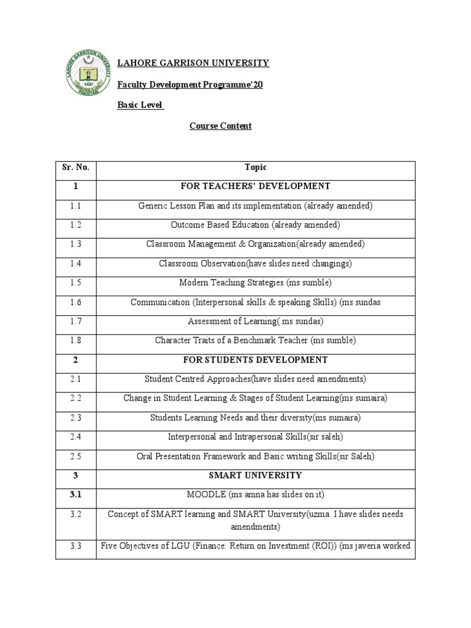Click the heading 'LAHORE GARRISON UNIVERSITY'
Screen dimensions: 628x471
[193, 63]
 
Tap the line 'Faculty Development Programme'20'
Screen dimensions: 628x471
[190, 85]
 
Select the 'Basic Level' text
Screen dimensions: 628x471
[140, 105]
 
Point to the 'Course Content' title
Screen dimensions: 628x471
[220, 126]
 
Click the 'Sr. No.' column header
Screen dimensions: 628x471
[75, 167]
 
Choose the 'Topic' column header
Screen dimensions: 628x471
[255, 167]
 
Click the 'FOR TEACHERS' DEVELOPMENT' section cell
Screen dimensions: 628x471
[255, 186]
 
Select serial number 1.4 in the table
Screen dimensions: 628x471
[75, 263]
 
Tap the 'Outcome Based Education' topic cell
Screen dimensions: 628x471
[255, 224]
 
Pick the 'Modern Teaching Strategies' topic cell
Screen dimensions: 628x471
[255, 283]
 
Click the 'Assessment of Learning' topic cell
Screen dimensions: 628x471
[255, 321]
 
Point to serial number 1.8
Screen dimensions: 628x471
[75, 340]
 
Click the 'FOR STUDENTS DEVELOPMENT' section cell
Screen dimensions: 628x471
[255, 359]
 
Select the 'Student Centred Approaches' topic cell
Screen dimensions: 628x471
[255, 379]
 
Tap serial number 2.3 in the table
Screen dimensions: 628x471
[75, 418]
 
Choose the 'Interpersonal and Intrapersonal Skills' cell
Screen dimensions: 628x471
[255, 437]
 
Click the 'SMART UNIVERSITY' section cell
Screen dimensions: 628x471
[255, 475]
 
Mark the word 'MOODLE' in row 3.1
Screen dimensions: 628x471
[203, 494]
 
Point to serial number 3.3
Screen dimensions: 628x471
[75, 545]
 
